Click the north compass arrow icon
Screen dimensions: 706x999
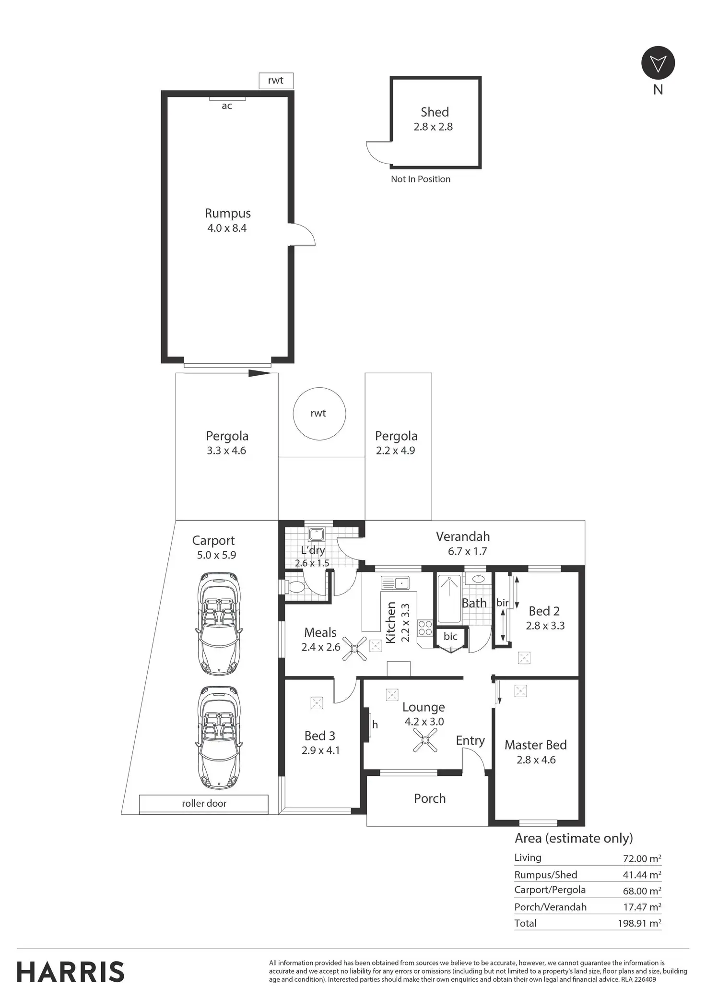(658, 63)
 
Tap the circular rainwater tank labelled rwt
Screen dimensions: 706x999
(319, 414)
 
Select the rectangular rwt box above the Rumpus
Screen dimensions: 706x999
(276, 81)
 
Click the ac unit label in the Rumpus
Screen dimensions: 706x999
(227, 106)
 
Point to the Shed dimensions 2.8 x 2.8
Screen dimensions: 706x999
(433, 127)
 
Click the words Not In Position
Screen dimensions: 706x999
(421, 179)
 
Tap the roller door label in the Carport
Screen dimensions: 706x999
(204, 803)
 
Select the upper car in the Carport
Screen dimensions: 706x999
(219, 624)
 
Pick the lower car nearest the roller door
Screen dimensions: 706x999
(219, 737)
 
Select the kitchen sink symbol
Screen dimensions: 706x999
(395, 583)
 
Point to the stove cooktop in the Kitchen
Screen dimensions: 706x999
(425, 628)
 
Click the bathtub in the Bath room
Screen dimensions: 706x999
(449, 598)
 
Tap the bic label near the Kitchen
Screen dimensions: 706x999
(450, 636)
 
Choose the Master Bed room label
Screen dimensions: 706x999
(536, 745)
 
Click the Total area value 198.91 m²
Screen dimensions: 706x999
(639, 923)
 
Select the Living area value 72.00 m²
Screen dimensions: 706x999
(642, 858)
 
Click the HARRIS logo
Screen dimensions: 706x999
(71, 972)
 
